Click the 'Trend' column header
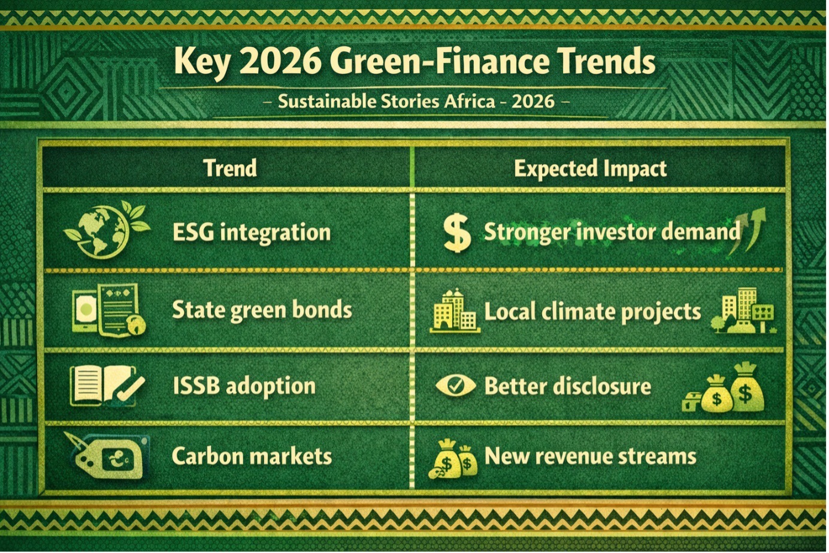tap(230, 168)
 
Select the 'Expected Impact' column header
tap(590, 169)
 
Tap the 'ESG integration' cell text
tap(252, 233)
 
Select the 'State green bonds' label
tap(262, 310)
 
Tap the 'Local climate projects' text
tap(592, 311)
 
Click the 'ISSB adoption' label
tap(244, 386)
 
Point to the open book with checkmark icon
tap(107, 386)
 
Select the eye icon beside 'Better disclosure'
tap(456, 386)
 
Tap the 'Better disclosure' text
tap(568, 386)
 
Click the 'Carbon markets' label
tap(252, 456)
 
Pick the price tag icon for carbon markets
tap(107, 456)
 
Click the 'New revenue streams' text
tap(590, 456)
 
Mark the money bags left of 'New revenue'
tap(453, 459)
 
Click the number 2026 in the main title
tap(280, 62)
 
